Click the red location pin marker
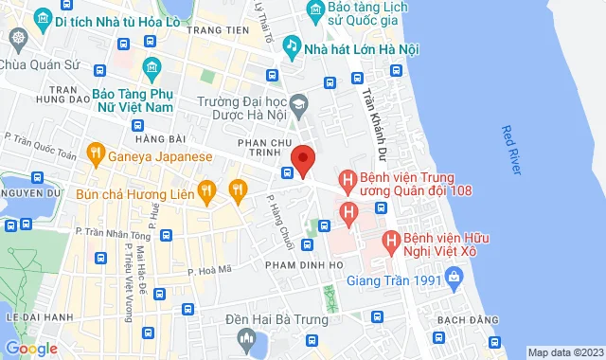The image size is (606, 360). pyautogui.click(x=302, y=159)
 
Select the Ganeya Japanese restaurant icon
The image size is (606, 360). pyautogui.click(x=95, y=152)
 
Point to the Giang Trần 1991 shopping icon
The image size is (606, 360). pyautogui.click(x=454, y=278)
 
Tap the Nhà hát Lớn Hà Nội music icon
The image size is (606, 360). pyautogui.click(x=293, y=45)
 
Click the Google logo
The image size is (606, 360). pyautogui.click(x=30, y=349)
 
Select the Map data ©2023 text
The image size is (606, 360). pyautogui.click(x=565, y=352)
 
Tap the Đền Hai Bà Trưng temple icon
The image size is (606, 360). pyautogui.click(x=246, y=338)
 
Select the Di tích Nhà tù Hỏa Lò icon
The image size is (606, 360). pyautogui.click(x=41, y=19)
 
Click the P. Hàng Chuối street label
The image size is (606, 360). pyautogui.click(x=278, y=219)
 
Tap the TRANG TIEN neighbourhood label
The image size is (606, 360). pyautogui.click(x=212, y=30)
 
